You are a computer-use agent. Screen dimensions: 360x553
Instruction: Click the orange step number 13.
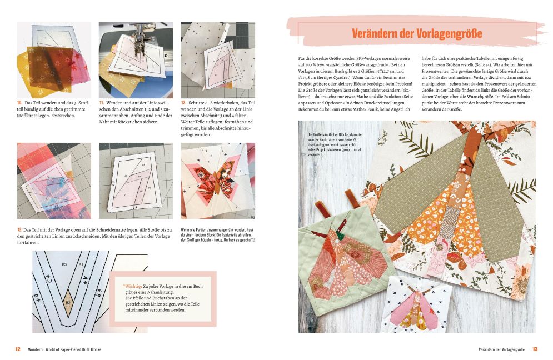pyautogui.click(x=20, y=229)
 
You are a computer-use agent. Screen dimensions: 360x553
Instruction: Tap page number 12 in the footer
pyautogui.click(x=18, y=349)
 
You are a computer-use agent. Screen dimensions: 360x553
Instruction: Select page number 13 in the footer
pyautogui.click(x=535, y=349)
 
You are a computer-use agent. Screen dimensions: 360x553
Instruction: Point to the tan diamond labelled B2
pyautogui.click(x=67, y=302)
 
